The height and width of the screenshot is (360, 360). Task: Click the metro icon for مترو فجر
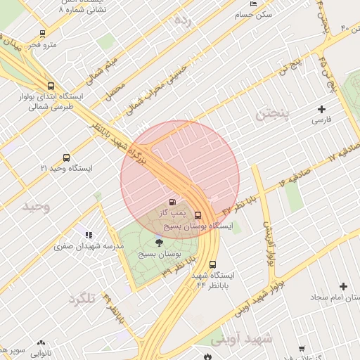click(x=43, y=34)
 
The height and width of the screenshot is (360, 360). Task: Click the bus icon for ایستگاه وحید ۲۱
click(x=66, y=157)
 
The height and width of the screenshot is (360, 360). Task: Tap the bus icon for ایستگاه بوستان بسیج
click(x=198, y=215)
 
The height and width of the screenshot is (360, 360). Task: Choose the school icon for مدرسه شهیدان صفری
click(x=88, y=235)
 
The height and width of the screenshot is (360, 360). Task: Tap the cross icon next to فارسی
click(x=322, y=109)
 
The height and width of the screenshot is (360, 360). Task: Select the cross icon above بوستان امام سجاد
click(x=343, y=286)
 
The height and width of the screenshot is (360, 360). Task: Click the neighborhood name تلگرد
click(x=83, y=299)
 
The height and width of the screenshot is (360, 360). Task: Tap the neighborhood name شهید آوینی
click(x=242, y=339)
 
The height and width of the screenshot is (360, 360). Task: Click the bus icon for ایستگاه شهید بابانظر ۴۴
click(x=212, y=264)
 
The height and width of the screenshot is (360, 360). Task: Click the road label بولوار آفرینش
click(x=269, y=243)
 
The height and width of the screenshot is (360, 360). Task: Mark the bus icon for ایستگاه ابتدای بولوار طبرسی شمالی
click(x=50, y=85)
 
